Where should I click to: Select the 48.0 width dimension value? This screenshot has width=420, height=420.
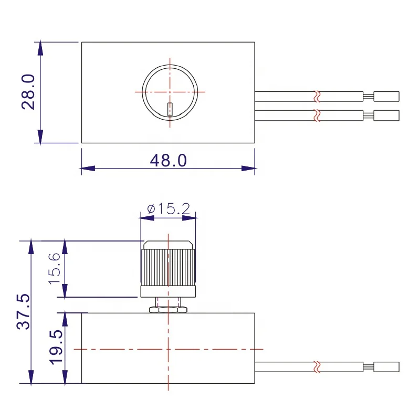click(x=168, y=161)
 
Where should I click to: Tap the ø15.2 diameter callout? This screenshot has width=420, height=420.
click(x=167, y=208)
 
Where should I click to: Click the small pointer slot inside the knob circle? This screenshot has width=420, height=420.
click(x=169, y=109)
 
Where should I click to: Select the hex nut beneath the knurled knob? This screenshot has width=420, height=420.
click(x=168, y=310)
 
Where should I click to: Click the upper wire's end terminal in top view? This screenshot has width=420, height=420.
click(x=387, y=97)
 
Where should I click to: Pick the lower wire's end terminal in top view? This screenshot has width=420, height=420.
click(x=387, y=114)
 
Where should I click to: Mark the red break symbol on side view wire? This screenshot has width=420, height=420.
click(x=316, y=366)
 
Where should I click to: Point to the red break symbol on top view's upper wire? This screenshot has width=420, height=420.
click(x=316, y=97)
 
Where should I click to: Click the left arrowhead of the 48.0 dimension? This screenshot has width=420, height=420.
click(x=87, y=169)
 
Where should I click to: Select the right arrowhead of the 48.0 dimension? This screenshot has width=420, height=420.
click(x=249, y=169)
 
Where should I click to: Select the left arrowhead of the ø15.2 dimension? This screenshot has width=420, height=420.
click(x=145, y=215)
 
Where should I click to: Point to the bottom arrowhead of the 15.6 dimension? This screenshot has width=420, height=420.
click(x=65, y=291)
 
